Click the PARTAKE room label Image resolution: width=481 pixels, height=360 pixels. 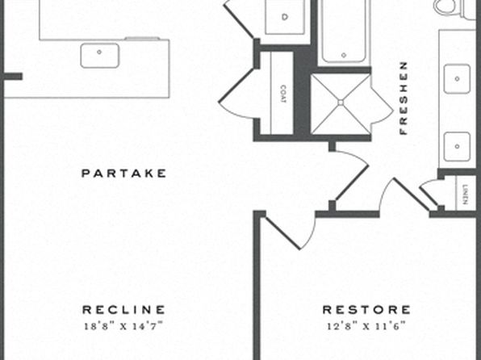(123, 174)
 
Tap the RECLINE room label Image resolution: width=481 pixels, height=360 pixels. (123, 310)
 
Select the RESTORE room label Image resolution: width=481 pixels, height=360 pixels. (366, 310)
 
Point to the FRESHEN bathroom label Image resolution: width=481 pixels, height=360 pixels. (404, 98)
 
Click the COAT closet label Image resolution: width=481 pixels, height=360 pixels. (284, 94)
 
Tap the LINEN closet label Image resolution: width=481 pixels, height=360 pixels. (466, 194)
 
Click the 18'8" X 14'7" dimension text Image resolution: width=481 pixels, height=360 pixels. (123, 326)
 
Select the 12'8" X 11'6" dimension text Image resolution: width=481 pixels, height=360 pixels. (366, 326)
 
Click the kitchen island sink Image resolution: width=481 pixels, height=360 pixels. (100, 56)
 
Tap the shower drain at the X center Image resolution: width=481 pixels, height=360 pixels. (341, 103)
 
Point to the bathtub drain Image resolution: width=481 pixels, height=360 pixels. (344, 55)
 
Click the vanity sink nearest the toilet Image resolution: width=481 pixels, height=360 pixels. (457, 79)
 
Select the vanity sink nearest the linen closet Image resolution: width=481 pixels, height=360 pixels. (457, 146)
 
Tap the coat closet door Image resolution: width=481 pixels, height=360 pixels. (236, 86)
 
